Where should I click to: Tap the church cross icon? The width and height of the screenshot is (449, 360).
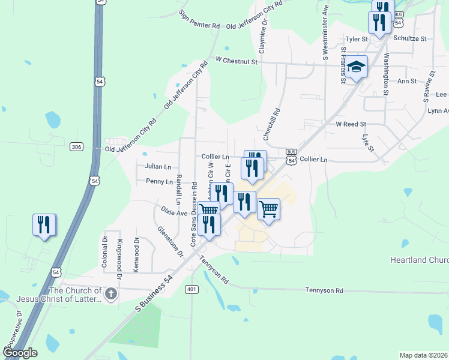point(110,294)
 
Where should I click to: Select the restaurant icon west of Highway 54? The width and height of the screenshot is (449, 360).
point(44,225)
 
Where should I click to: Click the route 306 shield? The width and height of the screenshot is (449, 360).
point(76,146)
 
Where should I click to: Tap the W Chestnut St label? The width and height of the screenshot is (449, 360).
point(237,61)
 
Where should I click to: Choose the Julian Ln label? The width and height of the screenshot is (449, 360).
point(158,167)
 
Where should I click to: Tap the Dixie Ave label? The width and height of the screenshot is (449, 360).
point(174,212)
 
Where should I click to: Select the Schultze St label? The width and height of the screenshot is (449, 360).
point(410,38)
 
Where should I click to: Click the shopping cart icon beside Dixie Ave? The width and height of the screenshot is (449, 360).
point(209,210)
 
